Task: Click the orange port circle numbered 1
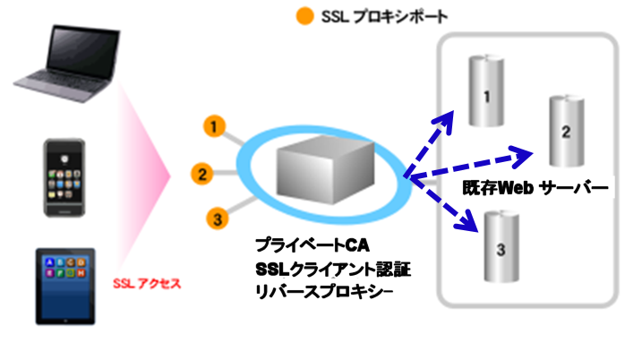[x=213, y=126]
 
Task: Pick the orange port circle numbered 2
[x=203, y=174]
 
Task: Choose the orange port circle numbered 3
[x=214, y=216]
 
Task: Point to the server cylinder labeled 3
[x=501, y=244]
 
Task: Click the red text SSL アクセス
[x=148, y=284]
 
